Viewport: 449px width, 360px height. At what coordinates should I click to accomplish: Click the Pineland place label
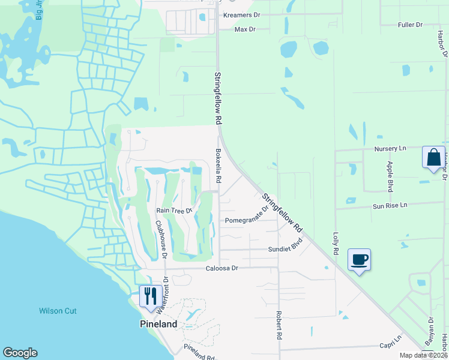click(x=155, y=324)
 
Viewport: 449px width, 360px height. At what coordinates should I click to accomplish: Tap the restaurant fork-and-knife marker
click(x=149, y=295)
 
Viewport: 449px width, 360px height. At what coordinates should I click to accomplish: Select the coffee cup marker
click(x=359, y=260)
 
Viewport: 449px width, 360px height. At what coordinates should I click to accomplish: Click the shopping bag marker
click(x=433, y=158)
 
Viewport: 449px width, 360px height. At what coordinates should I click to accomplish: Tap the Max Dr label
click(x=244, y=29)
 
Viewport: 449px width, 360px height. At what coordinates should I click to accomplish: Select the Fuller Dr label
click(x=410, y=25)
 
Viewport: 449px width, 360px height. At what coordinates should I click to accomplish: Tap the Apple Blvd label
click(x=390, y=176)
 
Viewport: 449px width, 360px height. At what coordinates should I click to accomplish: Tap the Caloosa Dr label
click(x=222, y=268)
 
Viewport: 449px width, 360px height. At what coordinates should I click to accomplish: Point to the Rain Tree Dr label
click(x=173, y=211)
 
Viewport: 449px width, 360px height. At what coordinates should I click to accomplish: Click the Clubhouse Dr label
click(x=161, y=239)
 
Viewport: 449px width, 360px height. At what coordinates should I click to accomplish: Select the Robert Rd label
click(x=279, y=326)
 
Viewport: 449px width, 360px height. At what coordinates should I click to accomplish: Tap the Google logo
click(x=20, y=353)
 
